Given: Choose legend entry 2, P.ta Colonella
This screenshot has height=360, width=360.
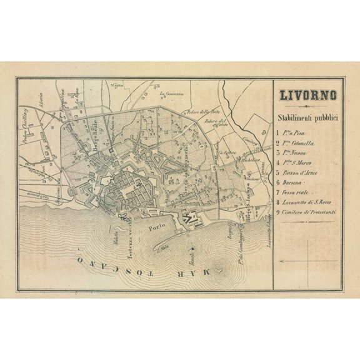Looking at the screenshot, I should pyautogui.click(x=302, y=143).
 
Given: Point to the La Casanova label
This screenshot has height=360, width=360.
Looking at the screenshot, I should pyautogui.click(x=169, y=95).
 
